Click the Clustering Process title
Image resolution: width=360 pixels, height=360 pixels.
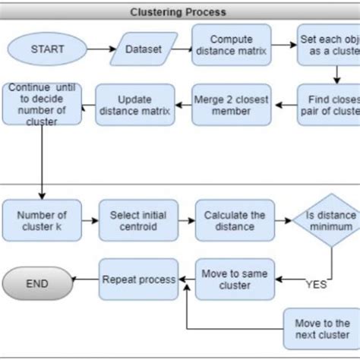coord(178,12)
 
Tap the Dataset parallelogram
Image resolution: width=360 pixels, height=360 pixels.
coord(144,49)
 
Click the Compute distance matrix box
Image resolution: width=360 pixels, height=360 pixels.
coord(231,44)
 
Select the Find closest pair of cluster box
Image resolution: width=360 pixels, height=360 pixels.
coord(328,104)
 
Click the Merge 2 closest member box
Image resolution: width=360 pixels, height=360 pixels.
coord(231,105)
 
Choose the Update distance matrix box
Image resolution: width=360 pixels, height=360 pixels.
coord(134,105)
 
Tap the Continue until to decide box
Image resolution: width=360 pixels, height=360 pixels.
coord(41,104)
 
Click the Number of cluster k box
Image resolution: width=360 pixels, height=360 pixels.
coord(41,220)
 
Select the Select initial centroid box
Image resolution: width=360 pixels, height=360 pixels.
coord(138,220)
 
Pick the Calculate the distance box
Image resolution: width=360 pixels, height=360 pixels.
coord(234,220)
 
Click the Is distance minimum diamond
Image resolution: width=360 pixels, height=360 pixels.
coord(330,221)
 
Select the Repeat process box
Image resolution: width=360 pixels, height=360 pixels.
coord(138,280)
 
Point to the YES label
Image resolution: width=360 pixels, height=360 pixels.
coord(315,286)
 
